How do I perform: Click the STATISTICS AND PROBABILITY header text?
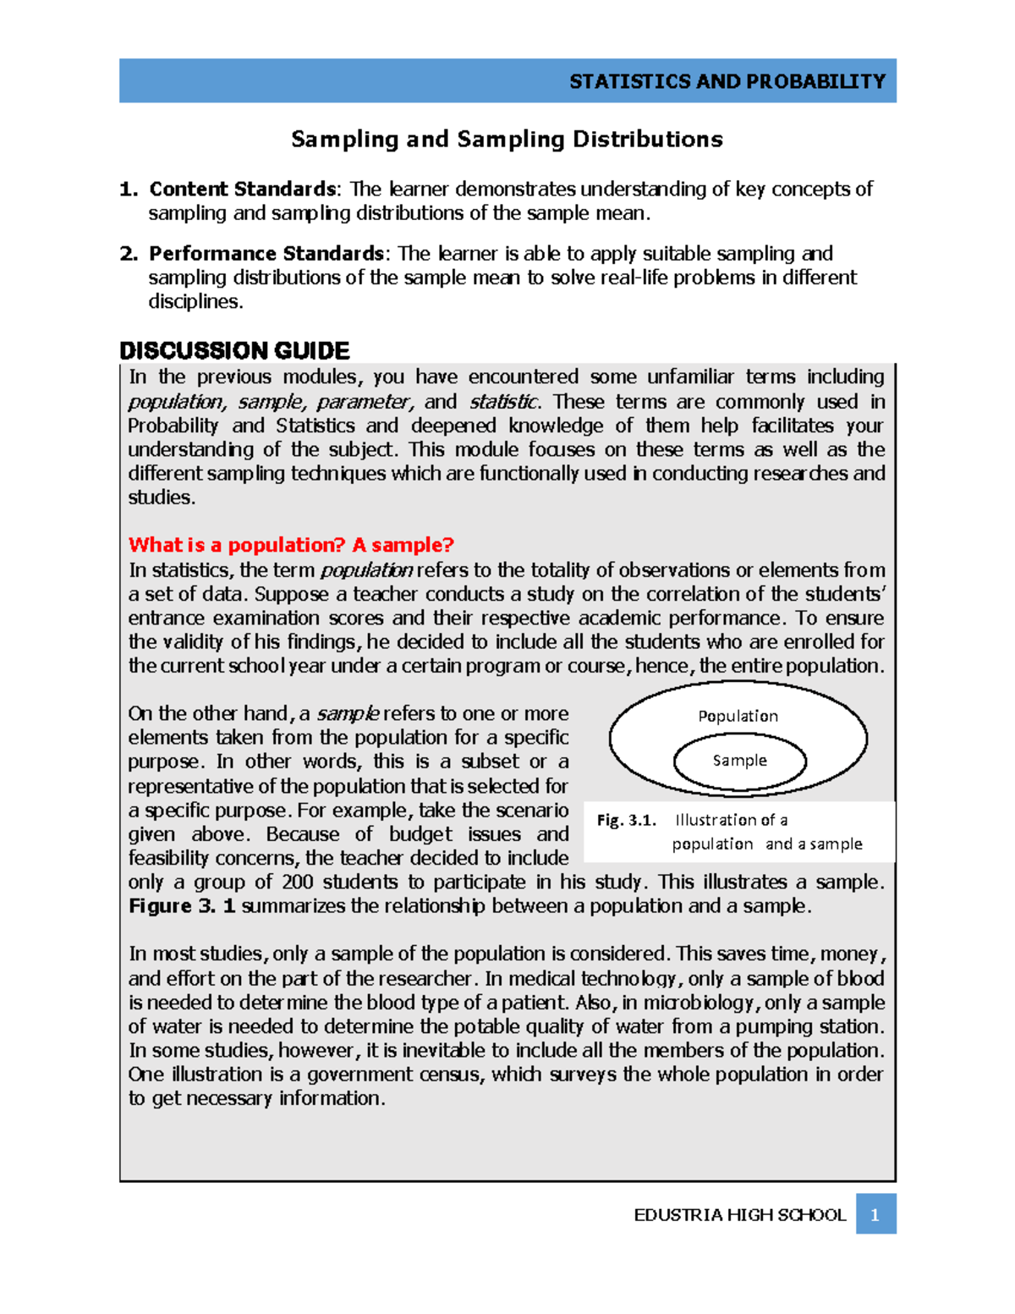(x=727, y=81)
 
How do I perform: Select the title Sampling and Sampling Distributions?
(x=507, y=139)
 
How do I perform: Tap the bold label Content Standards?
(x=242, y=189)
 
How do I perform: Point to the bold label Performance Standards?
(x=266, y=254)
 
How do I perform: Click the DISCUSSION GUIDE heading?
(x=234, y=350)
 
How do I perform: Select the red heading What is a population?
(x=291, y=545)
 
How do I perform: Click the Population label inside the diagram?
(x=738, y=716)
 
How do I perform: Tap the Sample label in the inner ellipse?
(x=739, y=761)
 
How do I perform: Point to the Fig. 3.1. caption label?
(x=626, y=820)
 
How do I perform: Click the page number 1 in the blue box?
(x=875, y=1214)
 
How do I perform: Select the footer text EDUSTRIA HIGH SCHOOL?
(x=739, y=1215)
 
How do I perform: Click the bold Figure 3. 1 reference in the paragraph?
(x=182, y=906)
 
